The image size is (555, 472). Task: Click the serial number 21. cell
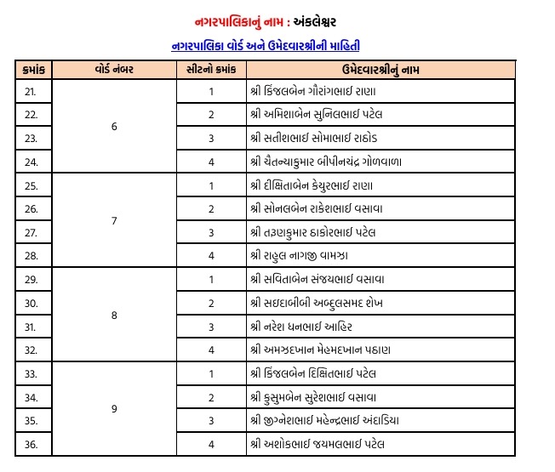pyautogui.click(x=31, y=91)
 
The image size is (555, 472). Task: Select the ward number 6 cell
pyautogui.click(x=114, y=127)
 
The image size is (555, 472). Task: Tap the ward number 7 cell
pyautogui.click(x=114, y=220)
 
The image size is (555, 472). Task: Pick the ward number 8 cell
pyautogui.click(x=114, y=314)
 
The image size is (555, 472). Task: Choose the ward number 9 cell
pyautogui.click(x=114, y=408)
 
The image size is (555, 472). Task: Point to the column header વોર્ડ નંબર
pyautogui.click(x=114, y=69)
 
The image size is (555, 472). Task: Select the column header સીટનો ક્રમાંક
pyautogui.click(x=210, y=69)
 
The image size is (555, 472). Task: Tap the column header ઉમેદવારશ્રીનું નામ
pyautogui.click(x=380, y=69)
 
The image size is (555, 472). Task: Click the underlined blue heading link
pyautogui.click(x=277, y=44)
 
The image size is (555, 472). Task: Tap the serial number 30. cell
pyautogui.click(x=31, y=303)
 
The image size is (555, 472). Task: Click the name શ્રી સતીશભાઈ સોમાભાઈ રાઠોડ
pyautogui.click(x=319, y=138)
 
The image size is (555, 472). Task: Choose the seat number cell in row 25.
pyautogui.click(x=210, y=185)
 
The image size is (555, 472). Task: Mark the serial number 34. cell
pyautogui.click(x=31, y=396)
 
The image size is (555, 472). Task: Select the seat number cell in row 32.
pyautogui.click(x=210, y=350)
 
